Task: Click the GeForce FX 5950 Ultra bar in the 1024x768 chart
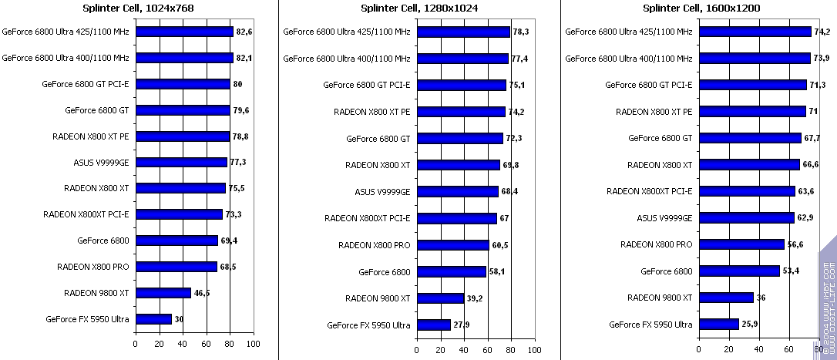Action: [153, 319]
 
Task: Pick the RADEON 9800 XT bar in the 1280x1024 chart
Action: [440, 298]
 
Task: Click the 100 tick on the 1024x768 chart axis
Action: [253, 344]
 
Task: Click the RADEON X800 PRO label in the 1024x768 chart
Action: [93, 267]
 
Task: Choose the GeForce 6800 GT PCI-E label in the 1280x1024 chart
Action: [367, 85]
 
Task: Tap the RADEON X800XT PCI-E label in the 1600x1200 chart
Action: [650, 191]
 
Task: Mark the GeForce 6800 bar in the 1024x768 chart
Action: [176, 241]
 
